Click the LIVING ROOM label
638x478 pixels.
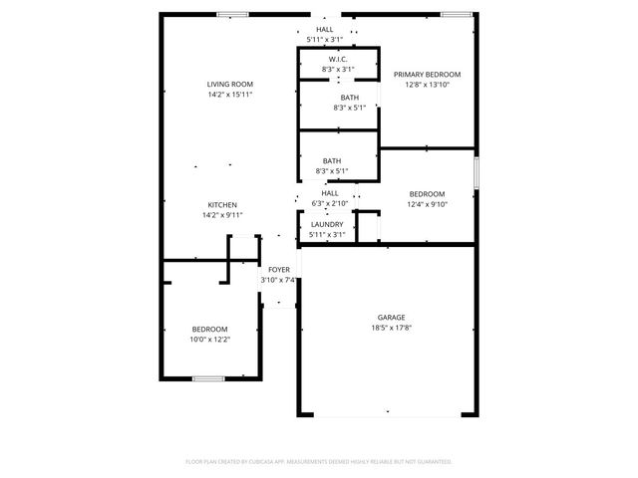pyautogui.click(x=230, y=85)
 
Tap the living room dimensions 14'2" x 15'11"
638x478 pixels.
pyautogui.click(x=230, y=95)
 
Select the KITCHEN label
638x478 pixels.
pyautogui.click(x=221, y=204)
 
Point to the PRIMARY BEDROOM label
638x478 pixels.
pyautogui.click(x=427, y=75)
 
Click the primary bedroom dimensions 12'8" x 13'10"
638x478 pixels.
pyautogui.click(x=427, y=85)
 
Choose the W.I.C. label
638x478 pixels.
pyautogui.click(x=339, y=59)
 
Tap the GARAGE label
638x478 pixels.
pyautogui.click(x=391, y=317)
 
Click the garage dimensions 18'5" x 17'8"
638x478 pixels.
pyautogui.click(x=391, y=327)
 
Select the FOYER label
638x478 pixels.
pyautogui.click(x=278, y=270)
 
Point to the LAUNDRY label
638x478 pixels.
pyautogui.click(x=327, y=225)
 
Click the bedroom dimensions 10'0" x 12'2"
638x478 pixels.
pyautogui.click(x=209, y=339)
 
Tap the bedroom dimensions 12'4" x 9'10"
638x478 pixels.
pyautogui.click(x=427, y=204)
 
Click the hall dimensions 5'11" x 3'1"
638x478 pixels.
pyautogui.click(x=325, y=40)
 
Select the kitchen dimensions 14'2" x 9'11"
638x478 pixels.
pyautogui.click(x=221, y=214)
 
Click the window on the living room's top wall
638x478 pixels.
pyautogui.click(x=232, y=14)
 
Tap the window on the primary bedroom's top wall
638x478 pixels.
pyautogui.click(x=456, y=14)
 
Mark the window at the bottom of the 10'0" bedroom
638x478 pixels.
pyautogui.click(x=208, y=377)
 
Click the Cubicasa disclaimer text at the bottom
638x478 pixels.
pyautogui.click(x=319, y=461)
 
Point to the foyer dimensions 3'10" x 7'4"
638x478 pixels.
pyautogui.click(x=278, y=280)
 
